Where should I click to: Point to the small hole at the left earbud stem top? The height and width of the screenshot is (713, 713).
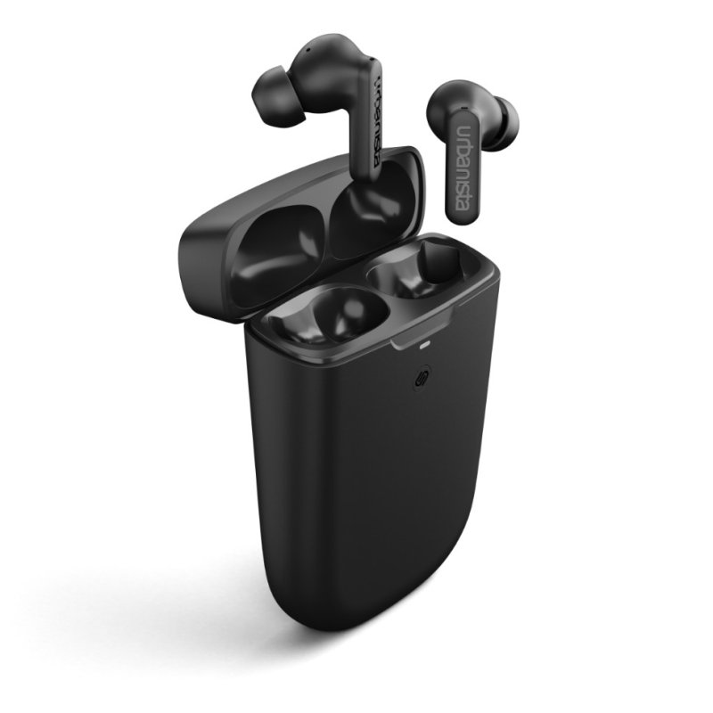[373, 60]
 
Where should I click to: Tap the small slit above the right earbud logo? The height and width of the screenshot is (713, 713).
[463, 108]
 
